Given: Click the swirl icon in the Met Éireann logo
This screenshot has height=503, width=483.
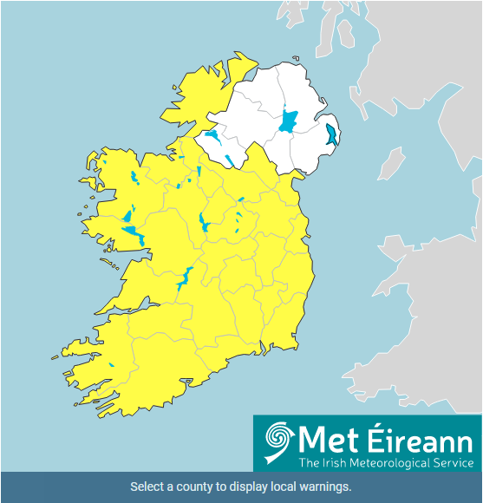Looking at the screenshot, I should (x=278, y=443).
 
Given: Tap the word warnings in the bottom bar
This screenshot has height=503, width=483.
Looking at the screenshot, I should (x=320, y=487).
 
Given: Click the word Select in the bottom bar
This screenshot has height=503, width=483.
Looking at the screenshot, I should (x=147, y=487).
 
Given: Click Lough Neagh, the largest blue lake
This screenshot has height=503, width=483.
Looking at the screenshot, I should (x=287, y=120).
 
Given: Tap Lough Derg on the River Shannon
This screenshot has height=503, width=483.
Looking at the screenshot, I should (x=185, y=278).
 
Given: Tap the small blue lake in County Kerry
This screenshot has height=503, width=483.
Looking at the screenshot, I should (x=112, y=365).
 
